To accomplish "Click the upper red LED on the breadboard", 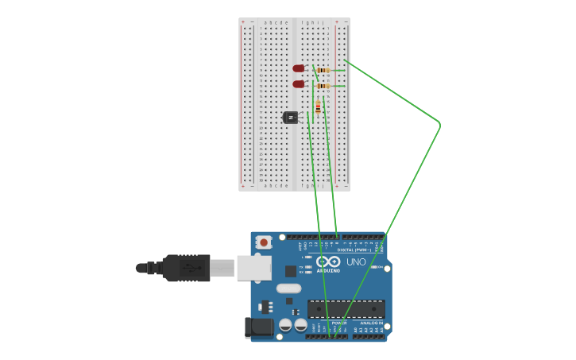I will [299, 68].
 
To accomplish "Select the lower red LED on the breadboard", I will [299, 83].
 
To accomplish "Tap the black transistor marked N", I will [291, 118].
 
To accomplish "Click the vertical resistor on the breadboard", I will [318, 107].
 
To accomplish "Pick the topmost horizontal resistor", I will [323, 70].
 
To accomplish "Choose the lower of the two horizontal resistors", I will [323, 86].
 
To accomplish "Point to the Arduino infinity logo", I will [328, 261].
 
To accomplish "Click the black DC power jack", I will [261, 327].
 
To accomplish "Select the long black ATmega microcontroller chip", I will [346, 308].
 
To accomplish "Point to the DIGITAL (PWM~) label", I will [353, 250].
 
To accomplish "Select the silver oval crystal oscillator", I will [289, 288].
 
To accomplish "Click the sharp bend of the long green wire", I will [439, 124].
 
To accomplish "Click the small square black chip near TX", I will [291, 271].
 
